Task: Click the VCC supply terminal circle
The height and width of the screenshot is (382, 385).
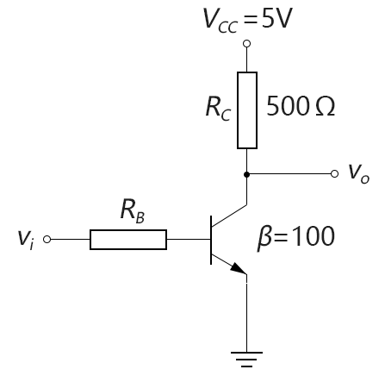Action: coord(246,44)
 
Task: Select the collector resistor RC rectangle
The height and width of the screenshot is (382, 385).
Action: coord(247,110)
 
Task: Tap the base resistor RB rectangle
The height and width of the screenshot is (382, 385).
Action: coord(128,240)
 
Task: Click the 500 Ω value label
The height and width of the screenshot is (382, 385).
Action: coord(301,106)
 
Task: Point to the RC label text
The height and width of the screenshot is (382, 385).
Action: coord(218,108)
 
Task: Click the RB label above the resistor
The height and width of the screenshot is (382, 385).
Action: coord(133,210)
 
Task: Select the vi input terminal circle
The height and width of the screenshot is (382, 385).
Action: coord(47,239)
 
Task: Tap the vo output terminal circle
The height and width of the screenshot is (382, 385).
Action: coord(334,174)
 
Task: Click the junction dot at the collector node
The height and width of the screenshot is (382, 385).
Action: coord(246,174)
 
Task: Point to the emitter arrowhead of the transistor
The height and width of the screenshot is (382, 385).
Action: coord(239,269)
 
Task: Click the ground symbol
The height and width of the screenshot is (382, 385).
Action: coord(246,360)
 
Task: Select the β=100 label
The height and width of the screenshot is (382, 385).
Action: coord(295,237)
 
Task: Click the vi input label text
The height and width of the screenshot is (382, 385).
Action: coord(26,240)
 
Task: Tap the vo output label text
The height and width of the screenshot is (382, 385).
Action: coord(359,173)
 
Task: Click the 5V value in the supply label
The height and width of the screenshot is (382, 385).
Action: coord(276,18)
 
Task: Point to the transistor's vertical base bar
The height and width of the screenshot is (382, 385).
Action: coord(211,240)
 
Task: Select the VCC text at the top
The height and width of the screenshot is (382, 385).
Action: coord(220,21)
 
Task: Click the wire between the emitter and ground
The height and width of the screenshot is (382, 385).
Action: coord(246,313)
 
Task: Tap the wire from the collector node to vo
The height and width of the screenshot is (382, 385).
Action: coord(290,174)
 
